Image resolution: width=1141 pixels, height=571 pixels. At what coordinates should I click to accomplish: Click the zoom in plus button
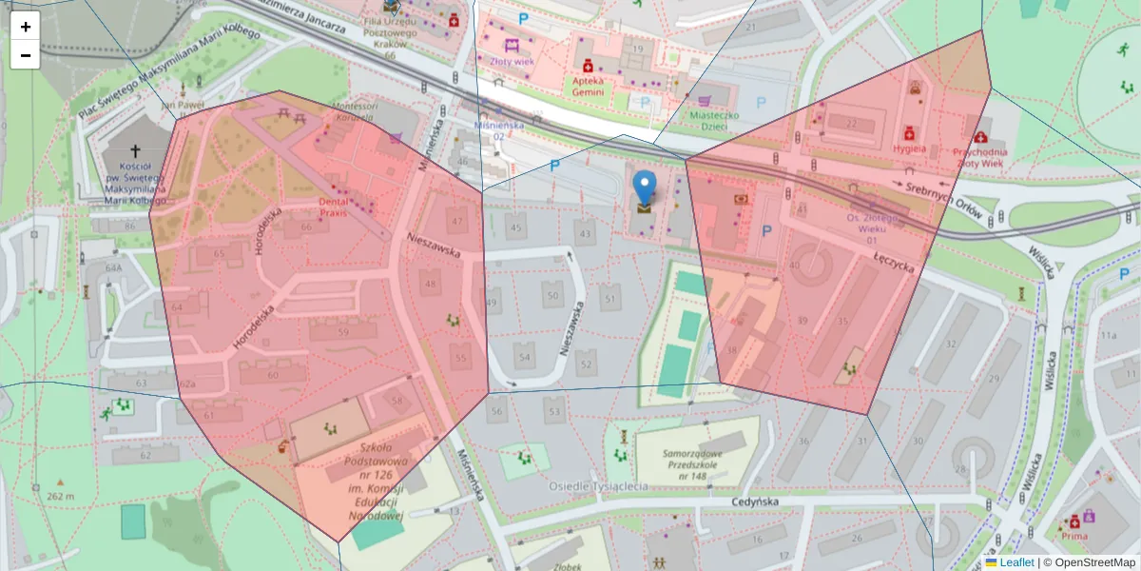point(26,27)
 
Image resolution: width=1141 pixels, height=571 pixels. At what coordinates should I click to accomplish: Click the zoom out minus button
point(26,55)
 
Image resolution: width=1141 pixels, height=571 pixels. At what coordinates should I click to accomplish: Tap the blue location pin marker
point(645,190)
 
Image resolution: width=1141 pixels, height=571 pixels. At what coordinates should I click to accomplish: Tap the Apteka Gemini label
point(595,83)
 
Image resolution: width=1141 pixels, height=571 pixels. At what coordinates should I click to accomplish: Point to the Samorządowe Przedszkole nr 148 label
point(698,464)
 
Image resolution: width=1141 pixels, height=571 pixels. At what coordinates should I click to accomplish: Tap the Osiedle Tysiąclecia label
point(598,486)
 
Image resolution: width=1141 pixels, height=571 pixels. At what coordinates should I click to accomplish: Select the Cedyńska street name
point(757,502)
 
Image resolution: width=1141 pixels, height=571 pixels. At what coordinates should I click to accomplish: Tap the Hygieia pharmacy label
point(910,148)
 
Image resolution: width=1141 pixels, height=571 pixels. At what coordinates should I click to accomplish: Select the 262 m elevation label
point(60,496)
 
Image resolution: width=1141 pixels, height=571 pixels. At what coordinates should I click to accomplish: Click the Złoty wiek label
point(512,61)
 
